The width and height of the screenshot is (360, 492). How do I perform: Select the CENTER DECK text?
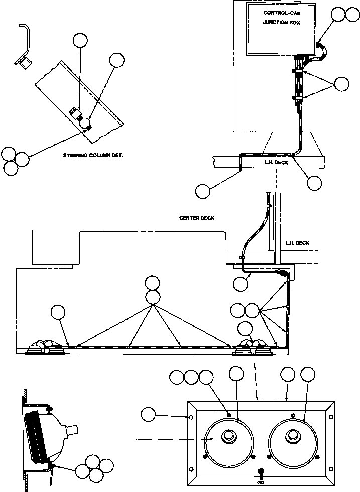(196, 218)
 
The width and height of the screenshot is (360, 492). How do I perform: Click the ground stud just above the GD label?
(260, 472)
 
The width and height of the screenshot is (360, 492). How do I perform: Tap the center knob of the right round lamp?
(292, 436)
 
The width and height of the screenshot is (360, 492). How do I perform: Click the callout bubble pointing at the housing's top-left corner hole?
(148, 415)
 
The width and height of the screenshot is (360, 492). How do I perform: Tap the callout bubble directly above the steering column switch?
(80, 40)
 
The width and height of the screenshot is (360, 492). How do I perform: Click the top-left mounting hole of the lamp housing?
(191, 417)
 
